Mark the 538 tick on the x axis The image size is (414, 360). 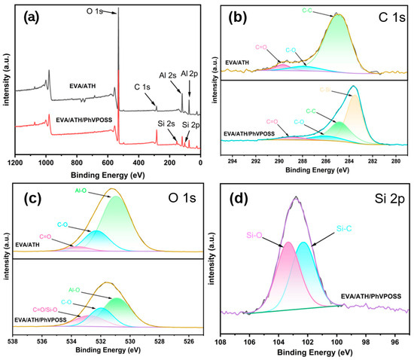(x=13, y=340)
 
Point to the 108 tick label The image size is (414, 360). (x=220, y=340)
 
